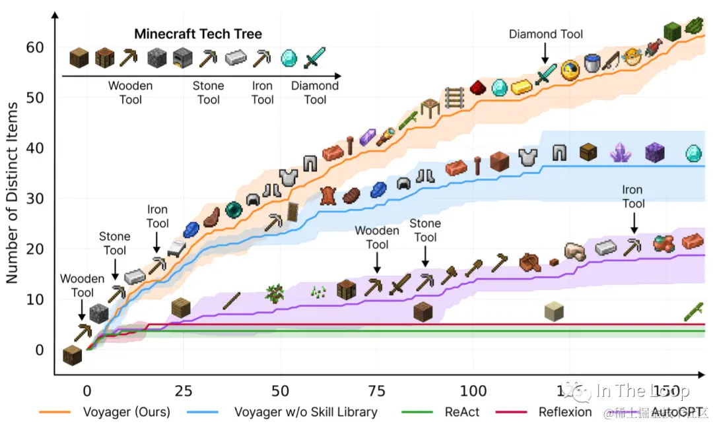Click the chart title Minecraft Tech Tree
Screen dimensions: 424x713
coord(198,34)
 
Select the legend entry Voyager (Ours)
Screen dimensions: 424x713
coord(126,412)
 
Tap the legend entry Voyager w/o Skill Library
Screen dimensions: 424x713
coord(305,412)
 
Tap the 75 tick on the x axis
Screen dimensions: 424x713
coord(377,391)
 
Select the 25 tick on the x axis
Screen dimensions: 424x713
coord(184,391)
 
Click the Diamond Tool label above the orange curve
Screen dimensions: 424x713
coord(545,34)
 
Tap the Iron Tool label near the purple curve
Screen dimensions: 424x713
coord(632,197)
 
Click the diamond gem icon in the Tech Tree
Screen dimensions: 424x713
coord(289,58)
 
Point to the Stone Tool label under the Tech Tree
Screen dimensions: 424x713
coord(208,92)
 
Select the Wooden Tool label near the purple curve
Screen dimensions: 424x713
coord(377,237)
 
